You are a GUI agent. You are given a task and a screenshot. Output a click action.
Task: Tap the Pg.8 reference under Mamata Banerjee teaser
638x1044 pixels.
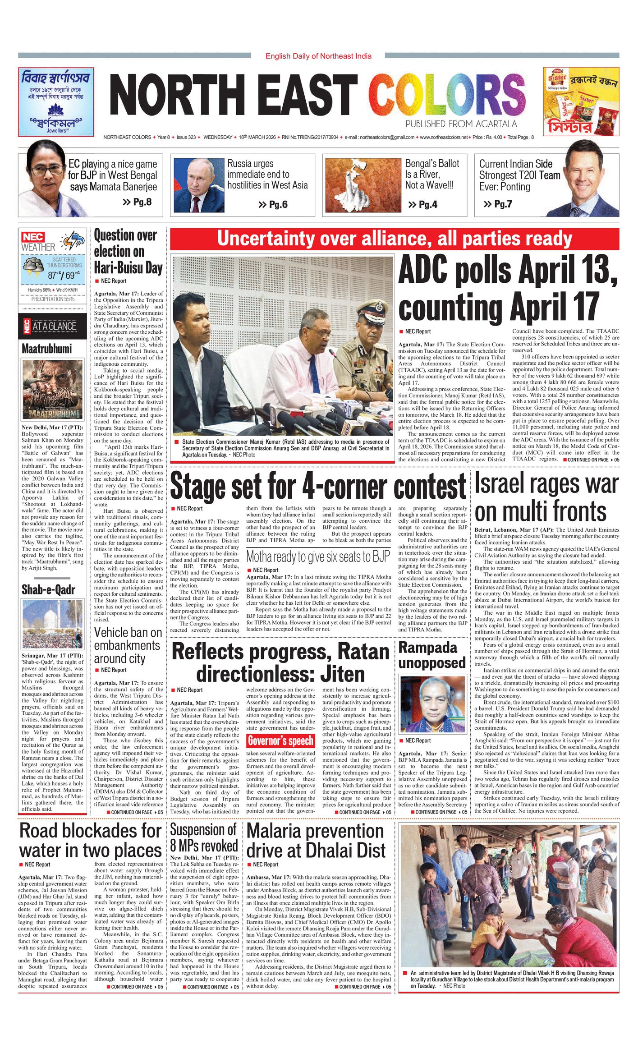(x=138, y=202)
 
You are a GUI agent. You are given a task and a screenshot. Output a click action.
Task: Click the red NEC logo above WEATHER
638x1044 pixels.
(x=33, y=237)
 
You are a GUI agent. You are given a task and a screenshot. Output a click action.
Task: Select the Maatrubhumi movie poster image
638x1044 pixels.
(x=53, y=389)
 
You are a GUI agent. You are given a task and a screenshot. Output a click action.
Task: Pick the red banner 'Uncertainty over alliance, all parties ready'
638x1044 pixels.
(x=394, y=239)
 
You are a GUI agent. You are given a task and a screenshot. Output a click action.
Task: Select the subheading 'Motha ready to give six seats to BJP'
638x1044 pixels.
(x=318, y=557)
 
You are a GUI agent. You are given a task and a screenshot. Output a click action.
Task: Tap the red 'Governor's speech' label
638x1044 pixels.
(x=280, y=740)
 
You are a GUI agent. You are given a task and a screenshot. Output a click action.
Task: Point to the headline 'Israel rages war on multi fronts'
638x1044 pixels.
(x=546, y=497)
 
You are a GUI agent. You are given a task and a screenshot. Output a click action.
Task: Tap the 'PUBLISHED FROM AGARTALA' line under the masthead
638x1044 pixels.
(x=460, y=124)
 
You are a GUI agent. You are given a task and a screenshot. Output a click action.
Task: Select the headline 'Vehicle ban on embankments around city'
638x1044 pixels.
(x=128, y=645)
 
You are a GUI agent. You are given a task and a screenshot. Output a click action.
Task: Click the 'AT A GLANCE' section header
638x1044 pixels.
(x=54, y=326)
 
